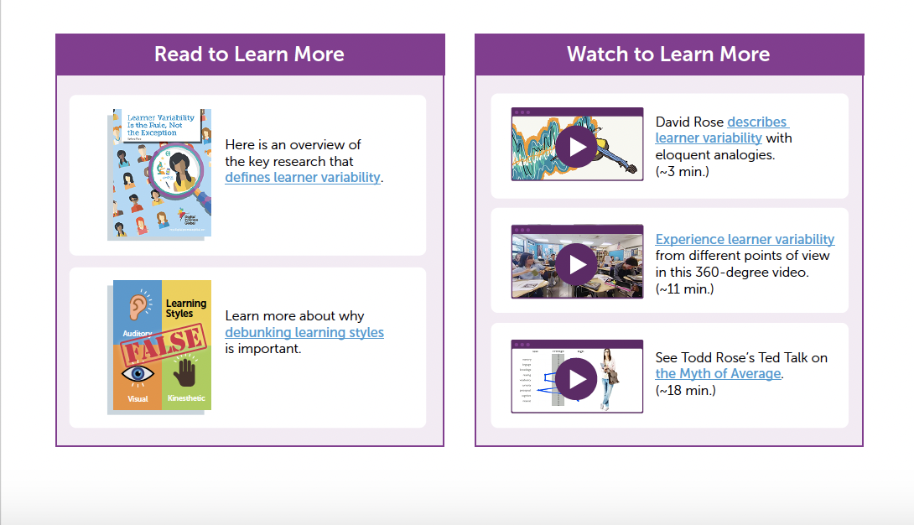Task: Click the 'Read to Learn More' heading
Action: click(x=249, y=55)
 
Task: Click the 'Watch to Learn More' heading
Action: click(x=668, y=55)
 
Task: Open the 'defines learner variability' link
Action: click(x=303, y=178)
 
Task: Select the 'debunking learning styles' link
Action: click(x=304, y=332)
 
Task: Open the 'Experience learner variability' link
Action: click(x=745, y=239)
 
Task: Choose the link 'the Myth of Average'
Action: click(x=718, y=374)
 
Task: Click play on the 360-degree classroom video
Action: click(x=577, y=264)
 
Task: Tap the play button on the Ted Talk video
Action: click(x=577, y=378)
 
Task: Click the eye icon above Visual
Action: click(x=138, y=373)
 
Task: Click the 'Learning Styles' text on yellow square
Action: click(x=185, y=309)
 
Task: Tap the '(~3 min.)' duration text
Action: click(x=682, y=172)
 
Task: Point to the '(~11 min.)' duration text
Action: click(x=684, y=289)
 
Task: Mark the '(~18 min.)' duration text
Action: click(x=685, y=391)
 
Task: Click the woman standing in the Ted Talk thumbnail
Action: click(x=608, y=379)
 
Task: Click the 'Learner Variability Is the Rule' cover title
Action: click(x=159, y=124)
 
